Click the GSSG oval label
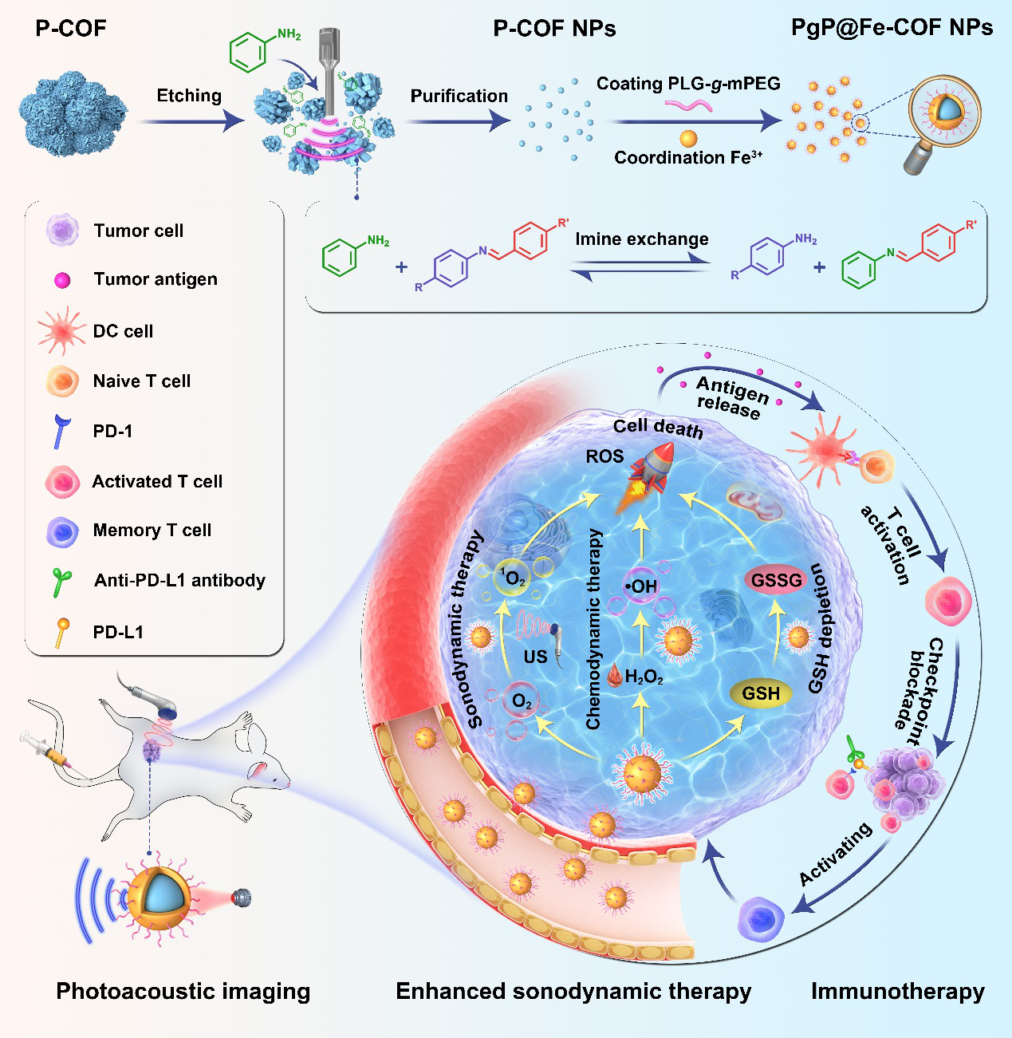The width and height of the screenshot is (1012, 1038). click(x=776, y=580)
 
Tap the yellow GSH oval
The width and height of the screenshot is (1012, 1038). click(x=761, y=693)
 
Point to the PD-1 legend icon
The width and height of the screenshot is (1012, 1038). click(x=61, y=431)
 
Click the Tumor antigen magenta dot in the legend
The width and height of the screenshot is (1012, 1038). click(x=62, y=280)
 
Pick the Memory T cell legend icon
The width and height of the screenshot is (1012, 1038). click(x=62, y=531)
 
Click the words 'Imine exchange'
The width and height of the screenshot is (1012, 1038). click(x=641, y=239)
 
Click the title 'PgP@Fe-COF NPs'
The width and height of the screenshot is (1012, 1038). click(x=892, y=28)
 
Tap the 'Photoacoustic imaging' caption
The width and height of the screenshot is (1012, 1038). click(x=183, y=991)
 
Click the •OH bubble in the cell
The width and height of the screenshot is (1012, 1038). click(x=641, y=587)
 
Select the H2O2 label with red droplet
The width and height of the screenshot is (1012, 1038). click(x=636, y=677)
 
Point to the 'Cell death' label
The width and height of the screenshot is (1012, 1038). click(x=658, y=428)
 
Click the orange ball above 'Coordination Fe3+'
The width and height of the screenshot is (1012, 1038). click(x=688, y=139)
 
